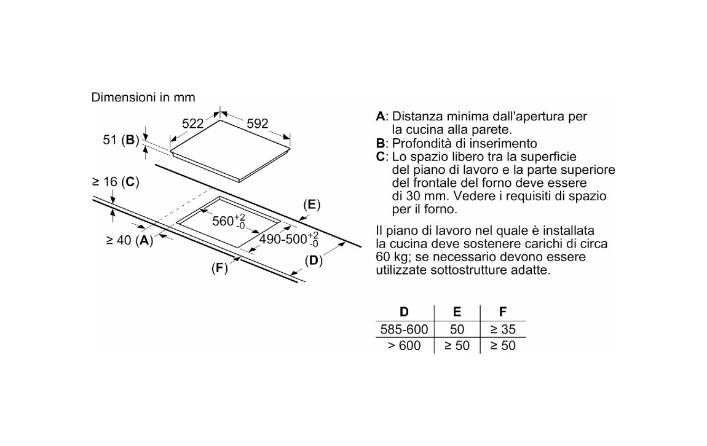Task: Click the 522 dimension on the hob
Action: (x=192, y=124)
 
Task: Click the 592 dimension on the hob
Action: (x=257, y=123)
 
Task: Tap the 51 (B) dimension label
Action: (x=121, y=140)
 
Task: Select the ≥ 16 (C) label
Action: (x=116, y=182)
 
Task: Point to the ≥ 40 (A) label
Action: (x=129, y=240)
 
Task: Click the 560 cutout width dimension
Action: (x=227, y=221)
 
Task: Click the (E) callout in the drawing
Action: (x=312, y=205)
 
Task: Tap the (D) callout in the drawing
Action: (x=314, y=260)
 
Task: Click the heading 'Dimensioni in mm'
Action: (x=143, y=97)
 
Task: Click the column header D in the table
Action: (x=404, y=312)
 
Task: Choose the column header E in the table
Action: (x=457, y=312)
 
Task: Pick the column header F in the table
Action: (x=503, y=312)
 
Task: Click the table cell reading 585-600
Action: (x=404, y=329)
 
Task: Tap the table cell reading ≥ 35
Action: (x=502, y=329)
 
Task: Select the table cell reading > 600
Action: (x=404, y=346)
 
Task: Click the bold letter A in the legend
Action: (x=380, y=116)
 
